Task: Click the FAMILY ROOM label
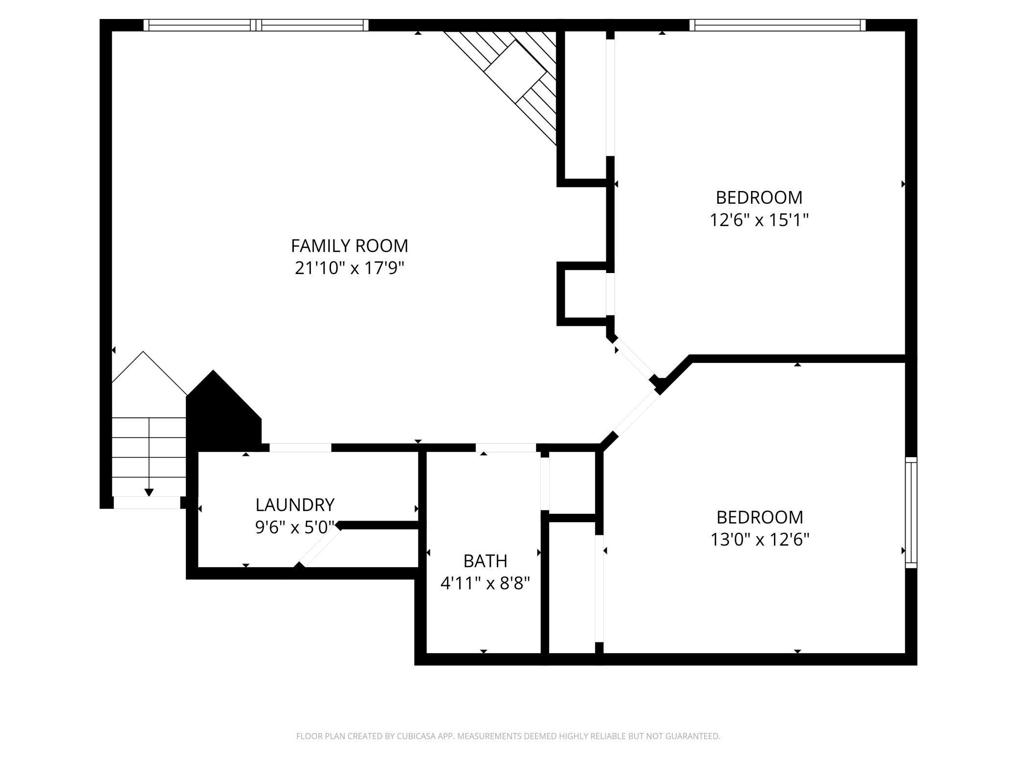[x=349, y=246]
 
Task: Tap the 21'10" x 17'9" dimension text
[x=350, y=268]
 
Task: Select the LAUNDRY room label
[x=295, y=504]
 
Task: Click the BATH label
[x=485, y=561]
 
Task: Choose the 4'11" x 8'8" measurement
[x=485, y=583]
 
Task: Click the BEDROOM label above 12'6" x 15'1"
[x=759, y=197]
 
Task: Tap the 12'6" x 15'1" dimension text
[x=759, y=220]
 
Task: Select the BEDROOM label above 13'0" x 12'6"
[x=759, y=517]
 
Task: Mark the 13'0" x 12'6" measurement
[x=759, y=539]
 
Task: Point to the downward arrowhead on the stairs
[x=149, y=492]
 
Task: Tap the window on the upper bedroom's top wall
[x=777, y=25]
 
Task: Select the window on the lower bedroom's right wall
[x=911, y=512]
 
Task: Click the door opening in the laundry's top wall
[x=300, y=447]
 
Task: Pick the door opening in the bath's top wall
[x=506, y=447]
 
